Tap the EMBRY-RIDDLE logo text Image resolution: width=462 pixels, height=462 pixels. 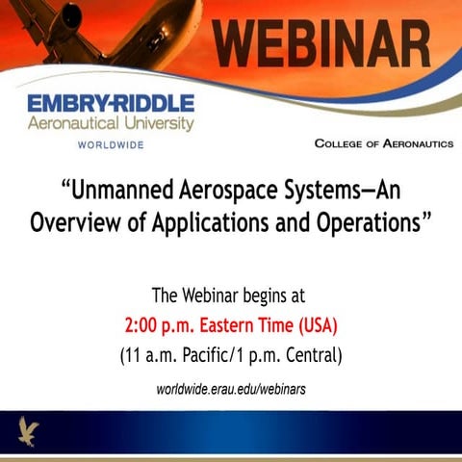(111, 103)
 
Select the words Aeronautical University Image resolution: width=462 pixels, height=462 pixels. (111, 124)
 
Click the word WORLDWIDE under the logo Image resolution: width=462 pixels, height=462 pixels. (111, 144)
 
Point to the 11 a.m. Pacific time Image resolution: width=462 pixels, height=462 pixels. (174, 355)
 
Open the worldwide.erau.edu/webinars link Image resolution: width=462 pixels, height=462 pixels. (231, 389)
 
